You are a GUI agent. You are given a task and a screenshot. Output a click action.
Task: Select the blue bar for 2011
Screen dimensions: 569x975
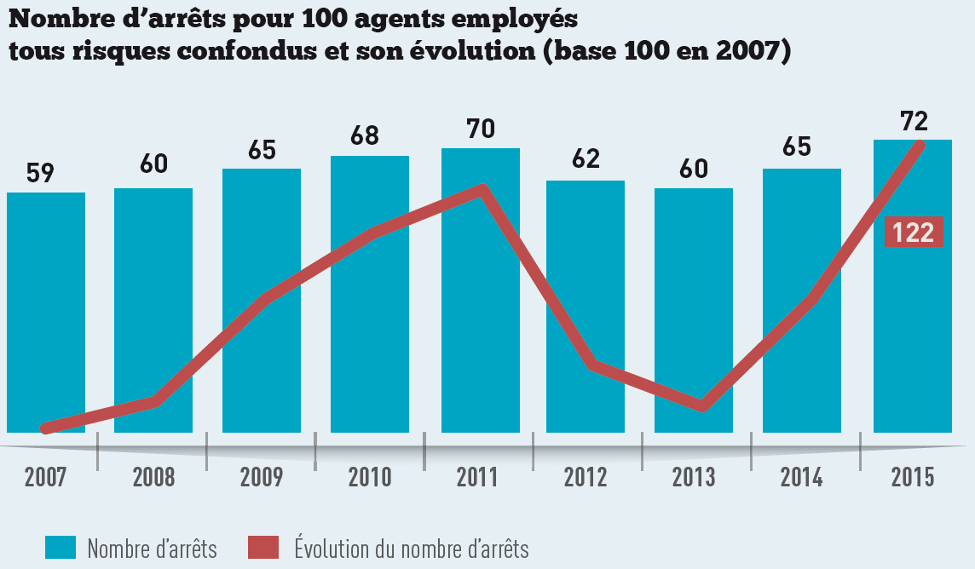click(x=480, y=290)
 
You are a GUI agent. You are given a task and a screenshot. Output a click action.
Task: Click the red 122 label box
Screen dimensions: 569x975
click(x=914, y=233)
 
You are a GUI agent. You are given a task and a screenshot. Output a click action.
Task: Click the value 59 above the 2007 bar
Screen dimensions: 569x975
click(x=40, y=173)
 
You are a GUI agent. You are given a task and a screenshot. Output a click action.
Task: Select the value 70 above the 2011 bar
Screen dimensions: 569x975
click(x=481, y=129)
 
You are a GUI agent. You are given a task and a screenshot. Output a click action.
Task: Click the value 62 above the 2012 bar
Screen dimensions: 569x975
click(x=586, y=158)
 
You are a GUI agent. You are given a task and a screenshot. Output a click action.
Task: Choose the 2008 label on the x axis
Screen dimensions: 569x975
click(x=153, y=477)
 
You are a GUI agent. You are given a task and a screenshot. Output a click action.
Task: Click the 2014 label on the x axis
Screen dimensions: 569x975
click(x=802, y=477)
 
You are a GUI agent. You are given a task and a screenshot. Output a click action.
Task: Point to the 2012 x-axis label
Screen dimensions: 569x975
click(x=586, y=477)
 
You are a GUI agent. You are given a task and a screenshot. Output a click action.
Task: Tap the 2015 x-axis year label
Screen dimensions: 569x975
click(x=912, y=477)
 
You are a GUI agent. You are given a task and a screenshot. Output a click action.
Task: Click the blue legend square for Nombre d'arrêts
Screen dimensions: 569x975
click(x=61, y=547)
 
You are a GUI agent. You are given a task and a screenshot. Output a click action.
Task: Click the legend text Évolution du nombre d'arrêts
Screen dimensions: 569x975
click(x=411, y=548)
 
